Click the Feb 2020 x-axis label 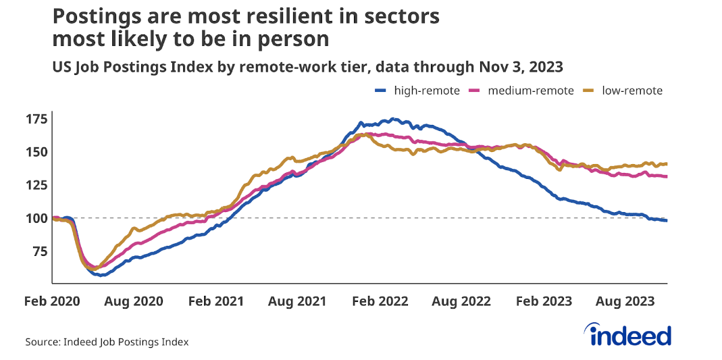pos(53,301)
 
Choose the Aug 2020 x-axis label pos(134,301)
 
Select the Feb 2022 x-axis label pos(380,301)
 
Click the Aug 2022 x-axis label pos(461,301)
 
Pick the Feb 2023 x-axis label pos(543,301)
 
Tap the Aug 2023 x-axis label pos(625,301)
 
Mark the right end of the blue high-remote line pos(667,221)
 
